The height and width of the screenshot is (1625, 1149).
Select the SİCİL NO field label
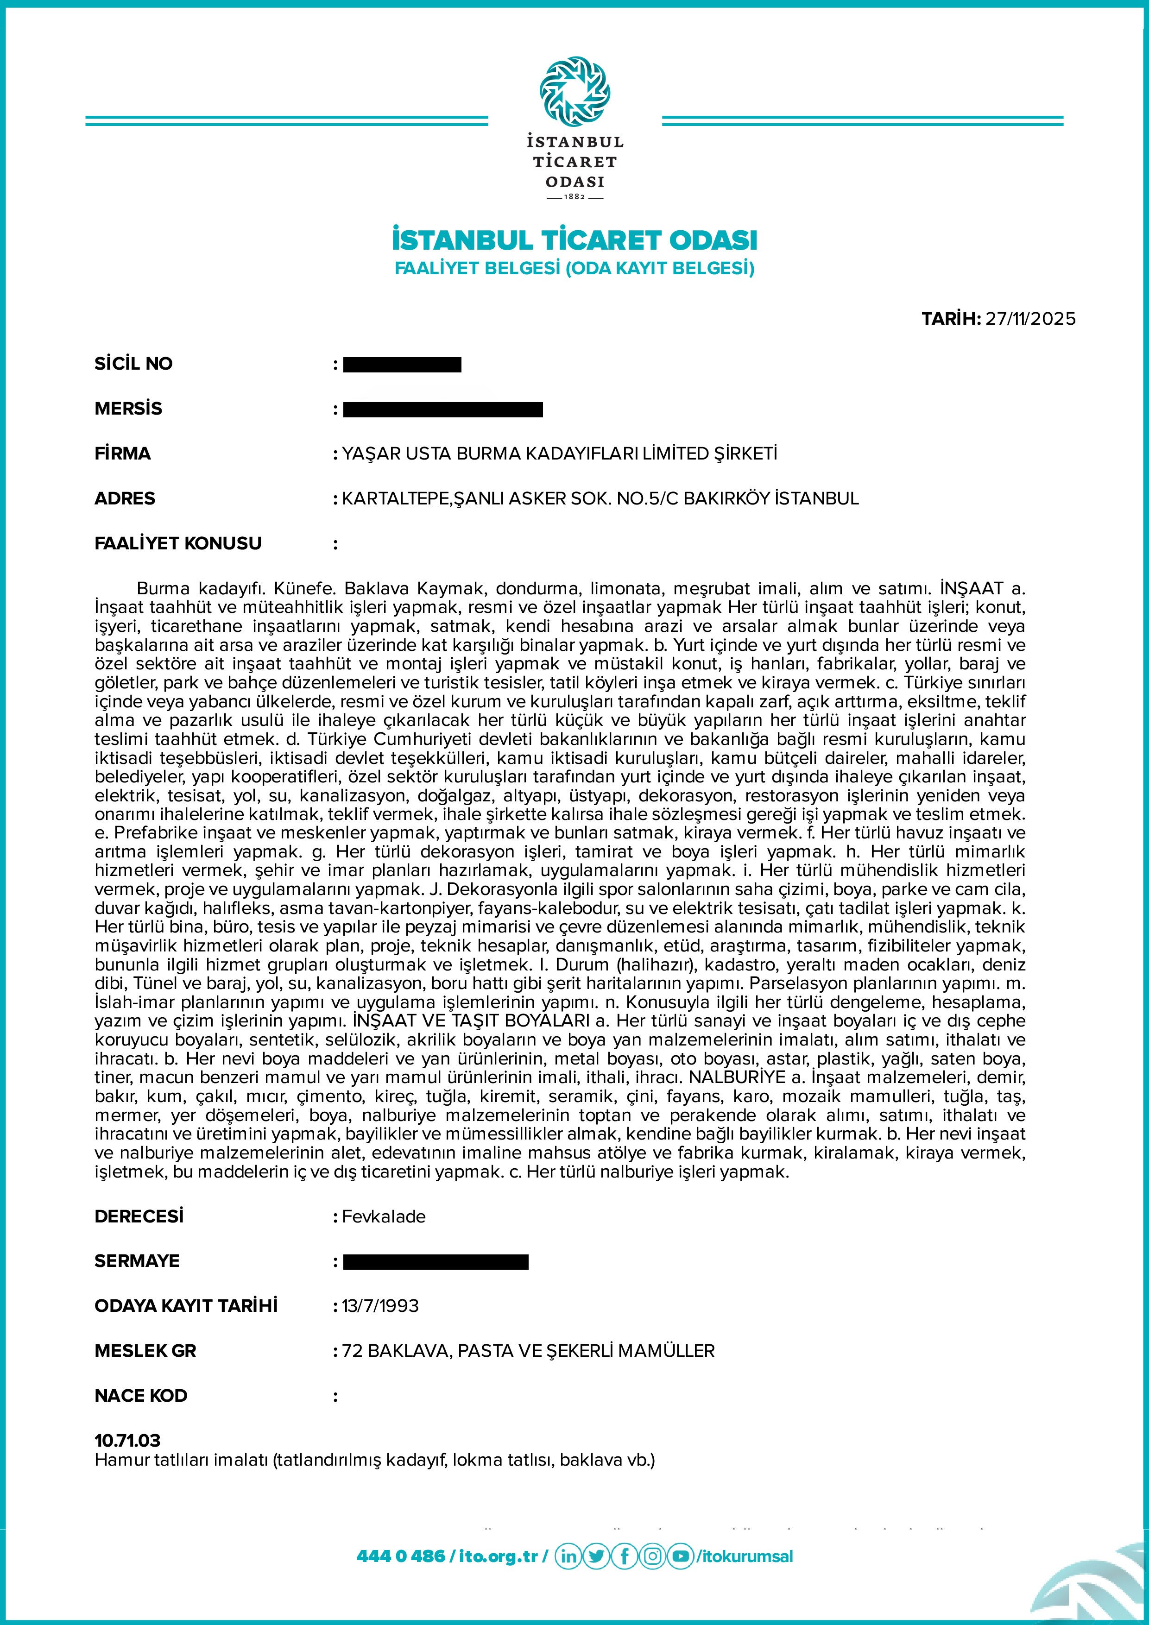(134, 364)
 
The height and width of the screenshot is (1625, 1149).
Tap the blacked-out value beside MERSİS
(442, 409)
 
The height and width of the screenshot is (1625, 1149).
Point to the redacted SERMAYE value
(436, 1262)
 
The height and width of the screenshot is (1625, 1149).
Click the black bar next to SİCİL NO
(402, 365)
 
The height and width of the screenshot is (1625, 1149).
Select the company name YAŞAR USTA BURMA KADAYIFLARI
(559, 453)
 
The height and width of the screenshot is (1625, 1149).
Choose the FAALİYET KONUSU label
(178, 543)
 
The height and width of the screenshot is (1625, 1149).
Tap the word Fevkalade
(384, 1216)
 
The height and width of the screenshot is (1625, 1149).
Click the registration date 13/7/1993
(380, 1306)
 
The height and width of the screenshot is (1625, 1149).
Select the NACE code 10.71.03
(127, 1440)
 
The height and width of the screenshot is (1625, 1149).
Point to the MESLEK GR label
(145, 1351)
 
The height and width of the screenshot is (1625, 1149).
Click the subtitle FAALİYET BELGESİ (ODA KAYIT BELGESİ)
(574, 268)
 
